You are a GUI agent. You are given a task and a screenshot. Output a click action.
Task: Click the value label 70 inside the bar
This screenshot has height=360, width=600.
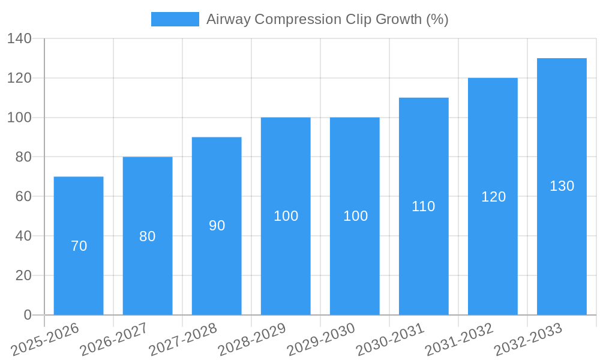(79, 246)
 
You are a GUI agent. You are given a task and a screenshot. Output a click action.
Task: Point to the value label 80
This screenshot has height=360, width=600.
(148, 236)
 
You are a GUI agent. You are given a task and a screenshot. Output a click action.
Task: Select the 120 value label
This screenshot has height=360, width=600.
(493, 197)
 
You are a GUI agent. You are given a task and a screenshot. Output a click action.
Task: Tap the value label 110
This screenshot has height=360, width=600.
(424, 206)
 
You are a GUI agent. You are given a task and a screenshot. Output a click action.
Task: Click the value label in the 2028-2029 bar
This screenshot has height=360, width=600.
(286, 216)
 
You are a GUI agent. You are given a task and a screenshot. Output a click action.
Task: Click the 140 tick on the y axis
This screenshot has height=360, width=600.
(19, 38)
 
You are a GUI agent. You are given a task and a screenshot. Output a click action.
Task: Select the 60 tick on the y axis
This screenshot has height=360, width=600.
(23, 196)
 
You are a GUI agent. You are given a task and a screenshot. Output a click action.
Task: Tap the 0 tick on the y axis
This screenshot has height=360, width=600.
(27, 315)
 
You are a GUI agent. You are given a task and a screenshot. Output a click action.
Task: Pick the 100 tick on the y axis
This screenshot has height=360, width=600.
(19, 118)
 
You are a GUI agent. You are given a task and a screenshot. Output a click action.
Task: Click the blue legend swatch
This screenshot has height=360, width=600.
(175, 19)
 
